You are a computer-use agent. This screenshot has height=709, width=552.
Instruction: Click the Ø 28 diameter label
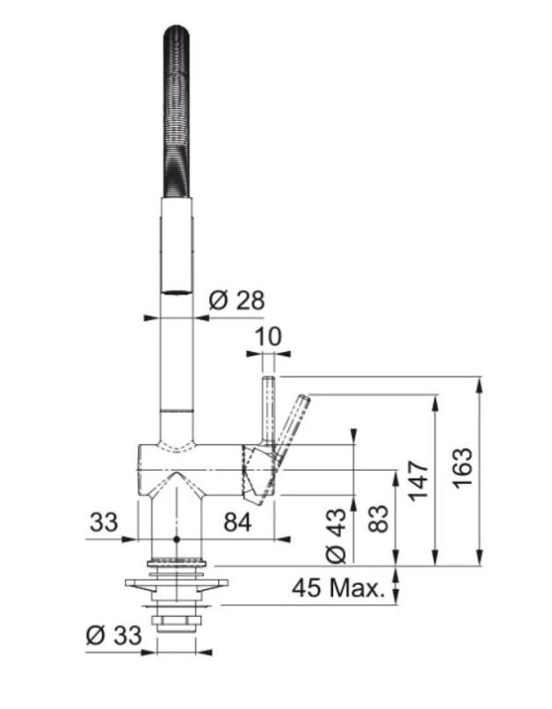click(x=236, y=300)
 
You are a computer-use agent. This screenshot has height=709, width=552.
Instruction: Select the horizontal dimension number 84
click(x=237, y=523)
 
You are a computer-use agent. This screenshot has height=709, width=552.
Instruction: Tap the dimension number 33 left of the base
click(x=104, y=523)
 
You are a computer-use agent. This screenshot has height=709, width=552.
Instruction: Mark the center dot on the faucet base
click(x=177, y=539)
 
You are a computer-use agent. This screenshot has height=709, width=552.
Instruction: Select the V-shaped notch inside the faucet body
click(x=177, y=484)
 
